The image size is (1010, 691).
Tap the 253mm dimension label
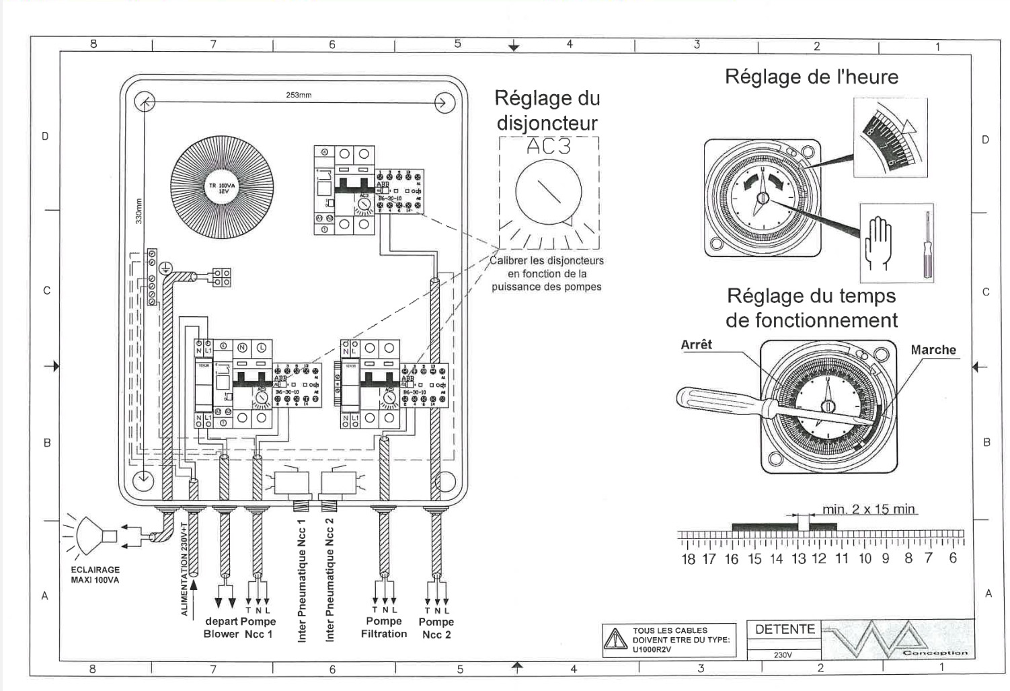click(299, 95)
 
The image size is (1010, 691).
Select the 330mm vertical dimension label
click(139, 211)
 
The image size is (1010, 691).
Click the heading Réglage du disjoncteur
click(547, 110)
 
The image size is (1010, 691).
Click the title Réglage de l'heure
click(811, 77)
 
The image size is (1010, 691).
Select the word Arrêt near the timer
click(696, 344)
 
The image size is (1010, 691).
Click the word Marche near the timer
click(933, 350)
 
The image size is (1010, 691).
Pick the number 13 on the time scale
click(798, 558)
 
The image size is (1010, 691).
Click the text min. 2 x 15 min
click(868, 509)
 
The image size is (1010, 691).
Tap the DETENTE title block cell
click(785, 630)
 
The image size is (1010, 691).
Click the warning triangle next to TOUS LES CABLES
click(615, 639)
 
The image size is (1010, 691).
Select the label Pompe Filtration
click(384, 627)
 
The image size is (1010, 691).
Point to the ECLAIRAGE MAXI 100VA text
click(95, 575)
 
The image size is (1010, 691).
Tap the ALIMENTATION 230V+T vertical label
click(184, 569)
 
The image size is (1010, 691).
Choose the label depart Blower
click(222, 627)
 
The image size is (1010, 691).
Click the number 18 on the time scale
click(688, 558)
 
